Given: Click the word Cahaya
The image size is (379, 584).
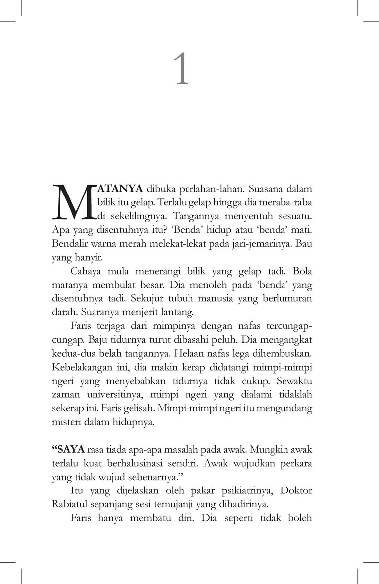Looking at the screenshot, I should [x=85, y=273].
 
